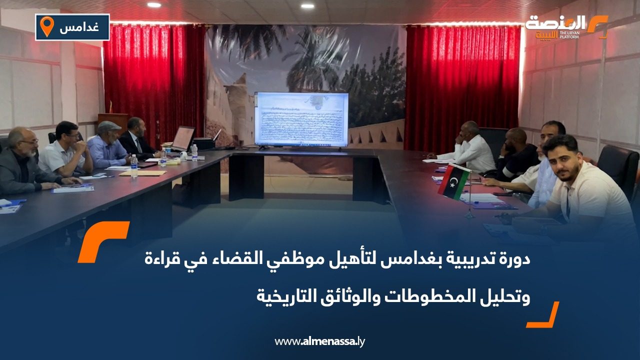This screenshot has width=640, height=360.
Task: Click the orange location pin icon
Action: pos(46,26)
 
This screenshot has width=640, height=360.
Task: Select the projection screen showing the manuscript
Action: pos(301,119)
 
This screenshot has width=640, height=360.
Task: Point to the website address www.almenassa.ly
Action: pos(320,341)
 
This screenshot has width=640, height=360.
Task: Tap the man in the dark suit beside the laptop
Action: pos(136,137)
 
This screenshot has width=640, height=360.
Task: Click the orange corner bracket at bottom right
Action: pos(544,315)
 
